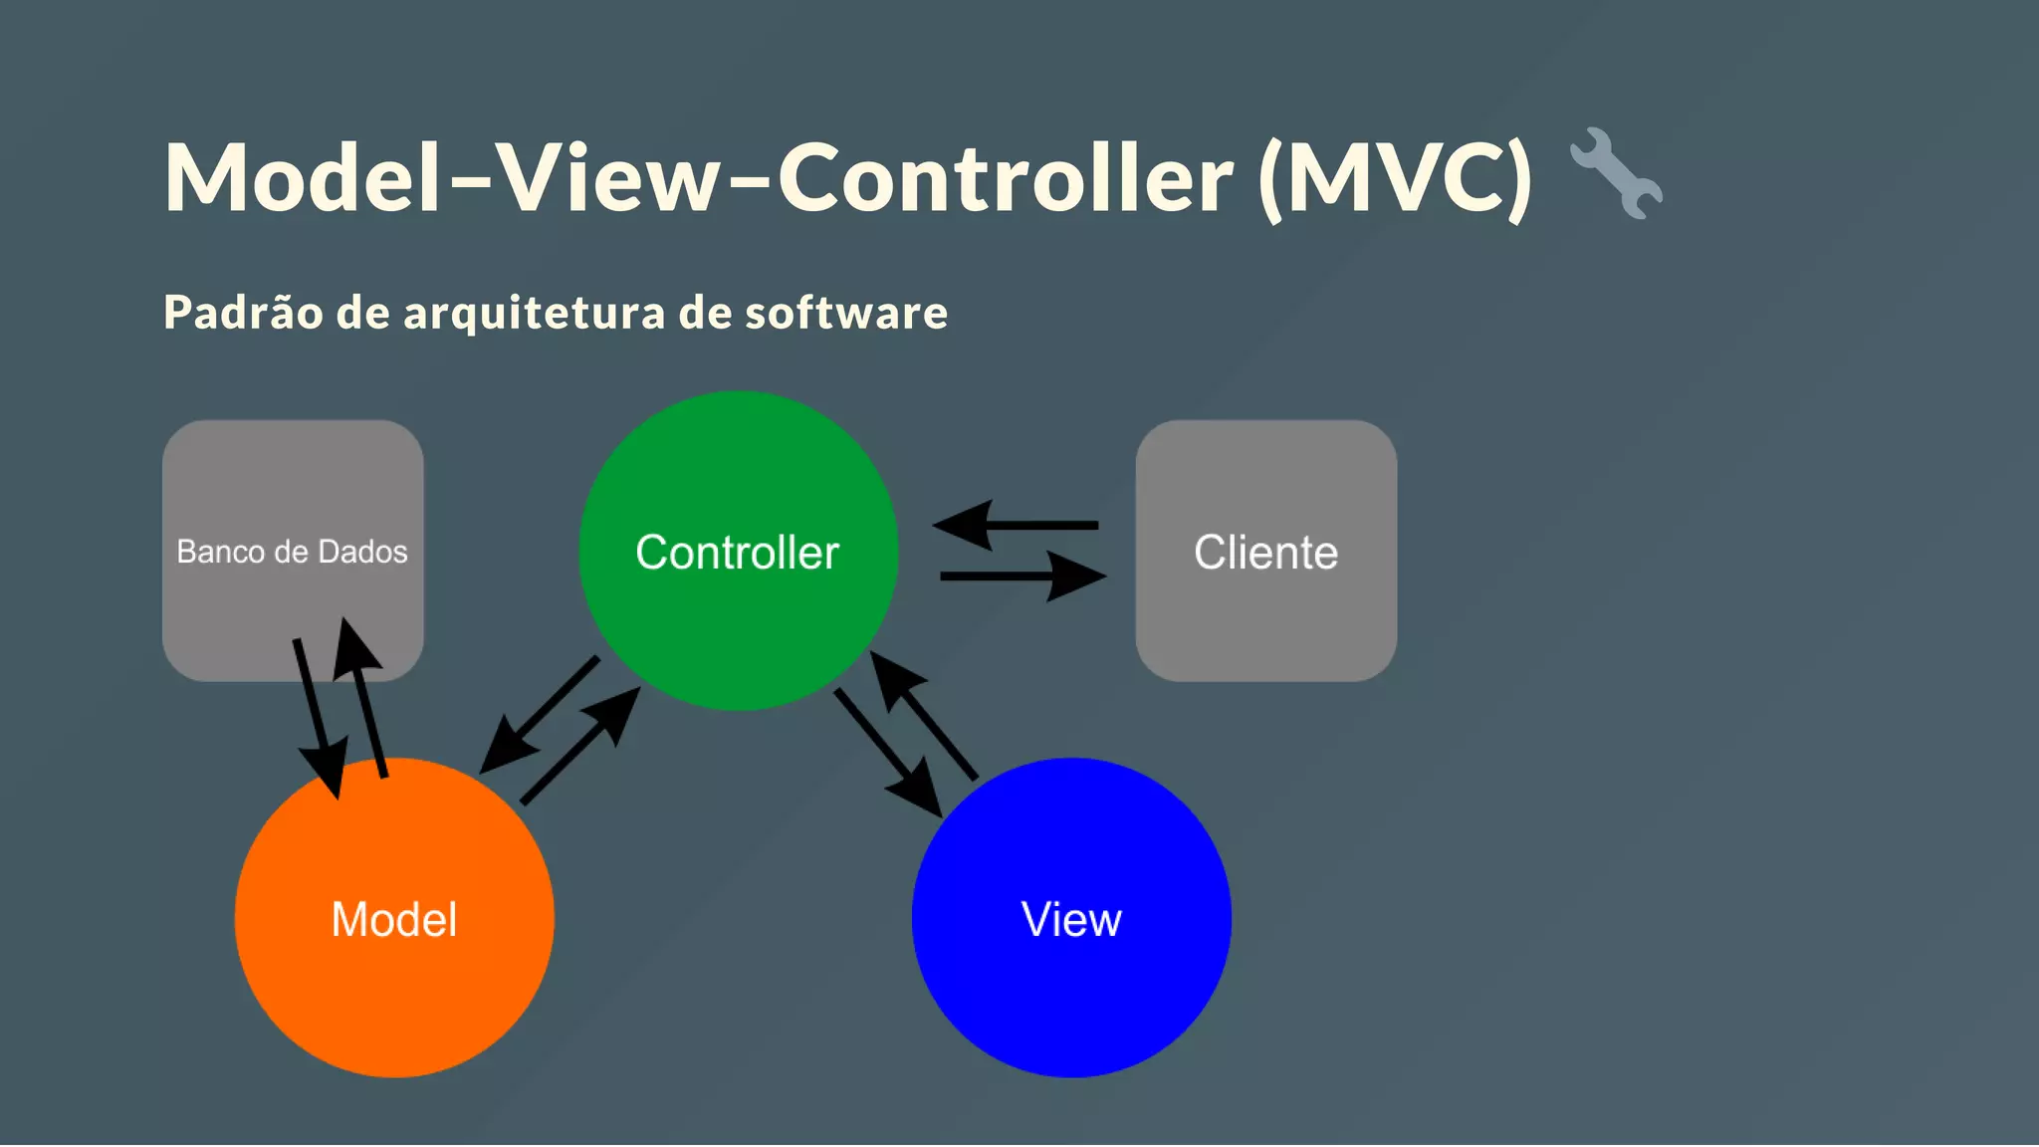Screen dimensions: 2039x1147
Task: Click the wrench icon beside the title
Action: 1615,173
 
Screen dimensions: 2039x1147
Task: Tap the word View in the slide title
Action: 608,178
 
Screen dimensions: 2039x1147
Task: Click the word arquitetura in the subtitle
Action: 534,313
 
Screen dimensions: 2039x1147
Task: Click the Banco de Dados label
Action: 292,552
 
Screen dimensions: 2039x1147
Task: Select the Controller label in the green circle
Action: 737,553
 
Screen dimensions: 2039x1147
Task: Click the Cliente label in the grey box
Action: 1265,553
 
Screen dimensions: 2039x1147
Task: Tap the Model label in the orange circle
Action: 394,919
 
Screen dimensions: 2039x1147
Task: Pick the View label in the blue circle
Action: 1071,919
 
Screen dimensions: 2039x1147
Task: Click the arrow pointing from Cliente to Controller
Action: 1016,525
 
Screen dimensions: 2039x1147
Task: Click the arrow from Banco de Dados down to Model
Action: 318,717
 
